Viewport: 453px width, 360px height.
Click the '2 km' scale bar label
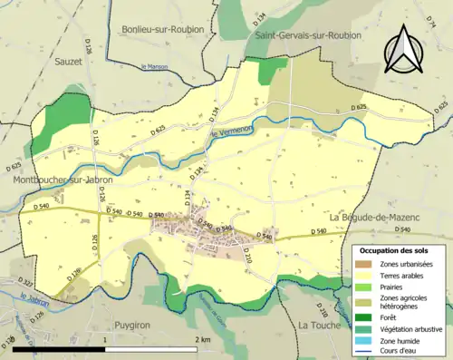pyautogui.click(x=202, y=339)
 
